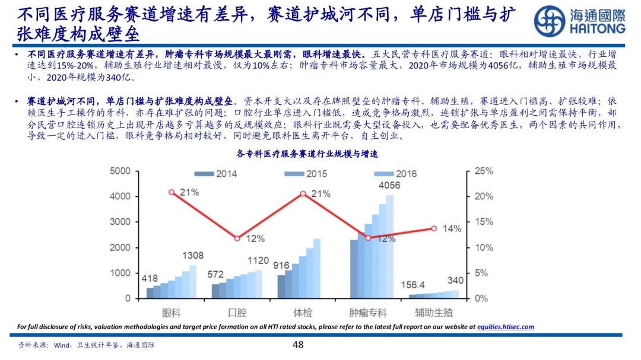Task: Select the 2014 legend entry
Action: (x=216, y=174)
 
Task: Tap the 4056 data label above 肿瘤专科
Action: (x=389, y=185)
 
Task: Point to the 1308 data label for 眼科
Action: (x=192, y=256)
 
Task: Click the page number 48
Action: (x=299, y=345)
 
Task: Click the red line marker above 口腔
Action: (x=237, y=238)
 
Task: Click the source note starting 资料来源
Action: (x=87, y=345)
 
